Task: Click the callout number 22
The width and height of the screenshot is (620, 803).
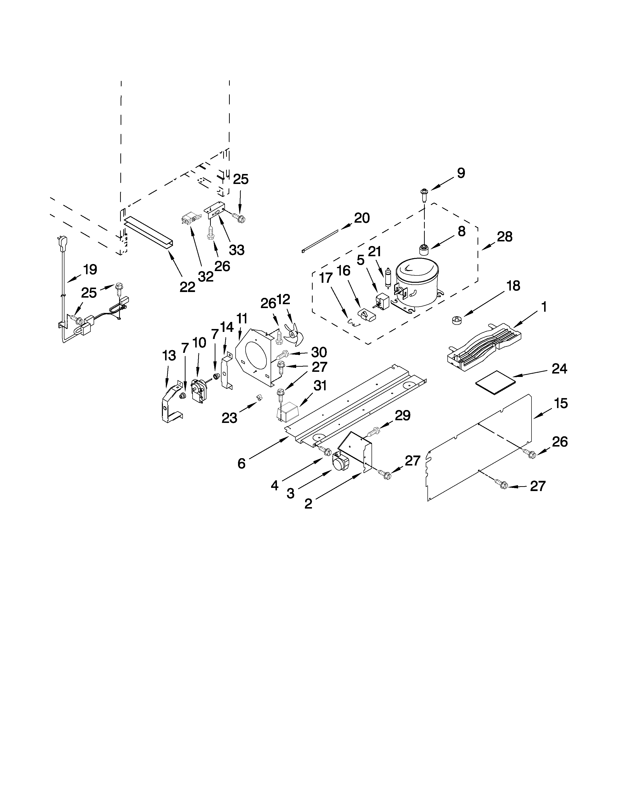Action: pyautogui.click(x=187, y=287)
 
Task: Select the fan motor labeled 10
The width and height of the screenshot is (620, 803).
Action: pyautogui.click(x=199, y=391)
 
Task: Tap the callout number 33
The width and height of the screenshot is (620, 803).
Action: pyautogui.click(x=237, y=250)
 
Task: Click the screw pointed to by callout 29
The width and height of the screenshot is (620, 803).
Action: pyautogui.click(x=373, y=431)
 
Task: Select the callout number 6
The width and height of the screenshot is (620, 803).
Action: pyautogui.click(x=241, y=464)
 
